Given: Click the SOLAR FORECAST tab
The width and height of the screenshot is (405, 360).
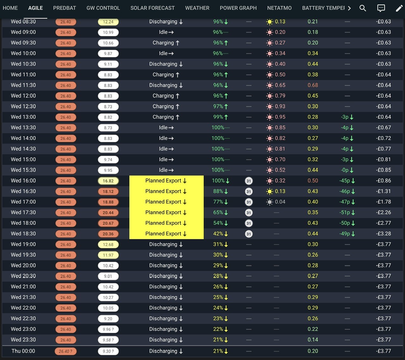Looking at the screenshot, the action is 153,8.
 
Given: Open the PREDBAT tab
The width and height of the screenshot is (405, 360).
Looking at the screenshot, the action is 64,8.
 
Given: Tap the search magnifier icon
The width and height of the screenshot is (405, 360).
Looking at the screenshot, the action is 363,8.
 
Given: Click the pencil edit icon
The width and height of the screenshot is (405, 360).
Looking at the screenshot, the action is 399,8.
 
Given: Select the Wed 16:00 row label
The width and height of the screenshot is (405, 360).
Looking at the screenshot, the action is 23,181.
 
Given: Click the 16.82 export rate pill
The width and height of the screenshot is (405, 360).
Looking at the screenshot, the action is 108,181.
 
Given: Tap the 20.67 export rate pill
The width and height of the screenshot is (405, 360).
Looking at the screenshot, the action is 108,223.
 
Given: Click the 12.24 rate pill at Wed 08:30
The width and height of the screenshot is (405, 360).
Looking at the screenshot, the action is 108,22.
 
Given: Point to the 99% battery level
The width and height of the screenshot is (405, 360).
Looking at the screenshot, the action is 218,117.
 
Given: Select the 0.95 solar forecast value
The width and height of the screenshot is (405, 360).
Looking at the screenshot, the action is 280,117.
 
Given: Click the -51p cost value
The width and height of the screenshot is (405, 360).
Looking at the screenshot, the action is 345,212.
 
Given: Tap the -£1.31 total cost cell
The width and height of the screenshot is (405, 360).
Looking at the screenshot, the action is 383,191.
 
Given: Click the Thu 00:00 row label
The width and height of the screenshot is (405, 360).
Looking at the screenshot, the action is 23,351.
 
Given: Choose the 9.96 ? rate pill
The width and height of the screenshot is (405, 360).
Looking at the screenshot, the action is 108,329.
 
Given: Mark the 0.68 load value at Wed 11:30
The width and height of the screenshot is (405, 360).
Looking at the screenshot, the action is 313,85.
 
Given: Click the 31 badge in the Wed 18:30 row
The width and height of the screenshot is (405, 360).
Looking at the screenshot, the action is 249,234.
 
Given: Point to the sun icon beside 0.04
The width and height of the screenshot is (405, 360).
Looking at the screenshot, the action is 270,202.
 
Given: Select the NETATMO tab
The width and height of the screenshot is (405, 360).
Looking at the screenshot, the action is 279,8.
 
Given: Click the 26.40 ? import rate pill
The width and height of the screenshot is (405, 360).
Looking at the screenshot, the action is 65,351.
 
